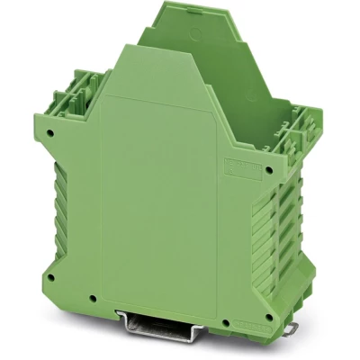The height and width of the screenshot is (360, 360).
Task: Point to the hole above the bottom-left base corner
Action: (54, 273)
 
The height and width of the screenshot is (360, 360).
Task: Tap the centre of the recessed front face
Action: (162, 198)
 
